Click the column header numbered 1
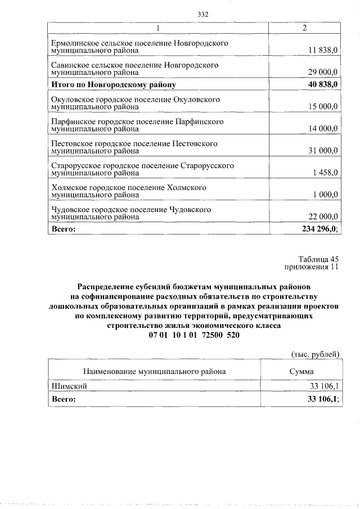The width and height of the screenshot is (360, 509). click(x=158, y=28)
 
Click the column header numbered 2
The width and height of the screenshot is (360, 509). click(x=304, y=28)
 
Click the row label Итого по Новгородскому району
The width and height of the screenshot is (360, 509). click(x=114, y=85)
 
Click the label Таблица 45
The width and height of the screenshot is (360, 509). click(x=319, y=259)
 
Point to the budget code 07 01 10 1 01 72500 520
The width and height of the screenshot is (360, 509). click(x=193, y=335)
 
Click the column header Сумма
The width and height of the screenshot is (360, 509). click(x=301, y=371)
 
